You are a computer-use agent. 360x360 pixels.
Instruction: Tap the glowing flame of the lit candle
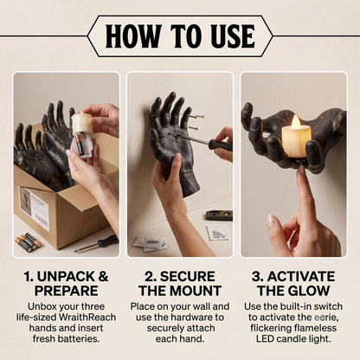click(295, 121)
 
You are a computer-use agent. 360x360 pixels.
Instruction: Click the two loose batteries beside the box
click(29, 241)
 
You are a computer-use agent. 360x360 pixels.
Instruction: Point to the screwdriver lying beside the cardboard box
click(96, 244)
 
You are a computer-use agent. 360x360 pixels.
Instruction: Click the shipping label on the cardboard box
click(34, 209)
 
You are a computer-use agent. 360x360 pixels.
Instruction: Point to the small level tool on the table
click(219, 215)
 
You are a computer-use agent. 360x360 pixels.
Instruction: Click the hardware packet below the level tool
click(217, 233)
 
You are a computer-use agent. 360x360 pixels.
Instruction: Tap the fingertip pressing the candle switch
click(302, 170)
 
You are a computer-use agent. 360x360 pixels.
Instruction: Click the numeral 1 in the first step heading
click(28, 277)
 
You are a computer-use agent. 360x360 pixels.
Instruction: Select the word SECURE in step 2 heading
click(188, 277)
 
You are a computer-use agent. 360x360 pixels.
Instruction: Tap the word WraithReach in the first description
click(87, 317)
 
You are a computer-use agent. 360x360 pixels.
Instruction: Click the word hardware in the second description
click(199, 317)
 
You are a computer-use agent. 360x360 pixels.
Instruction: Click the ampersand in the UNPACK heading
click(103, 277)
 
